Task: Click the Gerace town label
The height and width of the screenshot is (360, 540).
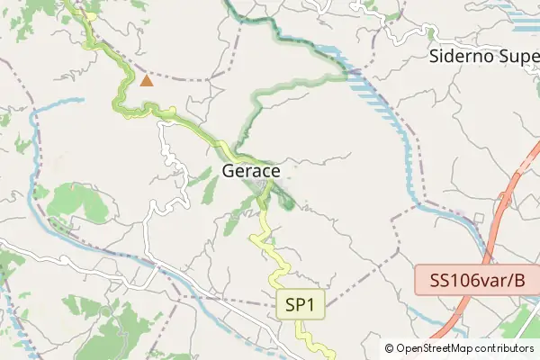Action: pyautogui.click(x=250, y=171)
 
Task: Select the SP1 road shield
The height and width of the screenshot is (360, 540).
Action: pyautogui.click(x=299, y=305)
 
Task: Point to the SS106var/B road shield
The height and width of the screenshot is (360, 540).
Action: pyautogui.click(x=477, y=281)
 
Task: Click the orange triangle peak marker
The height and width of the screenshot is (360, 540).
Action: pyautogui.click(x=147, y=81)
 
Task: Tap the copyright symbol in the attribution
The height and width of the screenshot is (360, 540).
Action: pyautogui.click(x=389, y=348)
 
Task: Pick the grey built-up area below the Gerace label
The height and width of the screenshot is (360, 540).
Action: pyautogui.click(x=264, y=187)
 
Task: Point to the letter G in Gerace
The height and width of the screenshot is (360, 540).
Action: pyautogui.click(x=229, y=171)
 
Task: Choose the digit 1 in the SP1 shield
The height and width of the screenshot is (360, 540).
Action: pyautogui.click(x=310, y=305)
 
